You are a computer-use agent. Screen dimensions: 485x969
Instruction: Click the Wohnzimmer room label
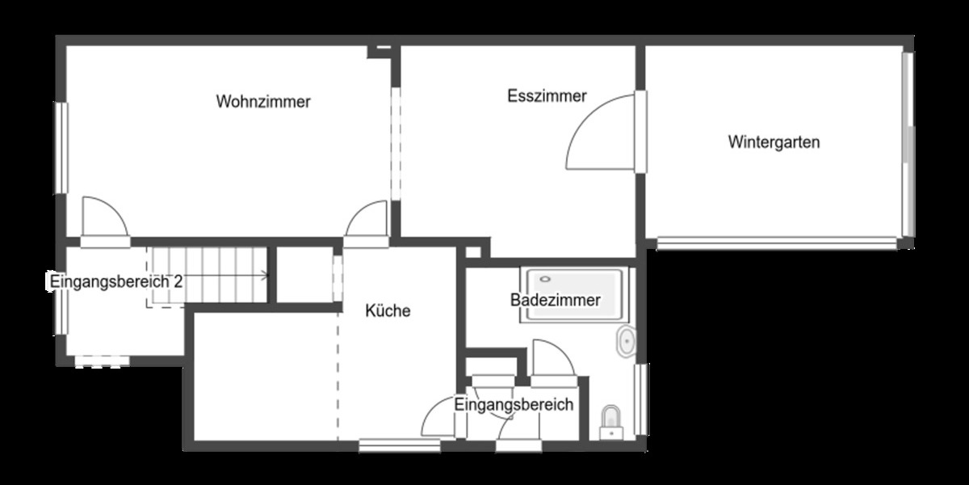tap(263, 102)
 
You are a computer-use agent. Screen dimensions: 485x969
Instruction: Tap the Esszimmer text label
tap(547, 96)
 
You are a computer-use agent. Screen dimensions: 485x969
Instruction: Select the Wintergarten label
tap(774, 143)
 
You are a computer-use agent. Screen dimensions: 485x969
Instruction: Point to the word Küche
tap(388, 310)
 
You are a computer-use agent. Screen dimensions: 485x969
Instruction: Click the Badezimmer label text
tap(555, 301)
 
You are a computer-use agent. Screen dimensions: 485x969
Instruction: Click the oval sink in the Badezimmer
tap(625, 343)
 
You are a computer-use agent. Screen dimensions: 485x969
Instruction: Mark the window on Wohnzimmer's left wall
tap(61, 147)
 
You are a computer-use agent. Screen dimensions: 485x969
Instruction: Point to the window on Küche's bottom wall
tap(388, 444)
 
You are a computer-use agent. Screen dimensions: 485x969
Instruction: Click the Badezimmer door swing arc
tap(549, 356)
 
